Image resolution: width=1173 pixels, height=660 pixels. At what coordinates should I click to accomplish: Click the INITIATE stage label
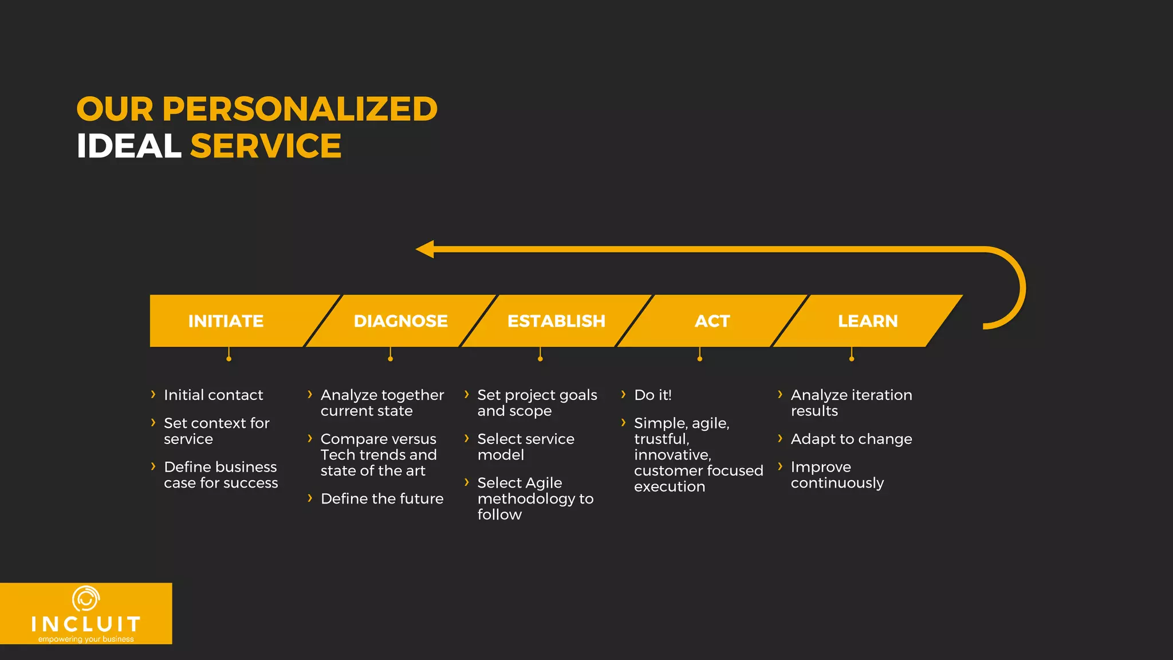(226, 321)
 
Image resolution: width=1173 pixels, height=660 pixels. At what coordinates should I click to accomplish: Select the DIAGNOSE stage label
(400, 321)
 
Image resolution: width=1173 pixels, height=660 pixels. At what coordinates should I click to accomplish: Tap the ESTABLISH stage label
(556, 321)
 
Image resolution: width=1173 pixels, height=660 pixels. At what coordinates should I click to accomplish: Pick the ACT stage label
(712, 321)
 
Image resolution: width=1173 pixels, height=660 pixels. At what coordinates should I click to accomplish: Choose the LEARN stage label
(868, 321)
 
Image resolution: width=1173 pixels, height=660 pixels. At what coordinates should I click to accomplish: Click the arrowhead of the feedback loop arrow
(426, 249)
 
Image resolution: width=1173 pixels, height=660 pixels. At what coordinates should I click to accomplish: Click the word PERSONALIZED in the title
(300, 109)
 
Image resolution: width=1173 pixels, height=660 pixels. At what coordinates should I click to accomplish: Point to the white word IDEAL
(129, 146)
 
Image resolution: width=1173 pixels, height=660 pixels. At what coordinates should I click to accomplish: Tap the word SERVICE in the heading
(266, 146)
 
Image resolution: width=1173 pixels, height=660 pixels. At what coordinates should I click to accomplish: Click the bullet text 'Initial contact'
(213, 395)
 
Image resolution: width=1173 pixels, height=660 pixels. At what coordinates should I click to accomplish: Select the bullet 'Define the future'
(381, 498)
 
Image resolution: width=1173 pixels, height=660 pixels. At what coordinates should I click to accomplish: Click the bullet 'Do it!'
(652, 395)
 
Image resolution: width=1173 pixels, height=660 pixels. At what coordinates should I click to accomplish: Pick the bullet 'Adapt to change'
(851, 439)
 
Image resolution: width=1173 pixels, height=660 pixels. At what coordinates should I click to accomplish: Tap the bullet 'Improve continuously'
(837, 475)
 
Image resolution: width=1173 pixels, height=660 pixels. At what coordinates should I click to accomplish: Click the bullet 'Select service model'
(525, 447)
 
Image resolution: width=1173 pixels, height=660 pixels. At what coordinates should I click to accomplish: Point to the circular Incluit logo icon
(86, 599)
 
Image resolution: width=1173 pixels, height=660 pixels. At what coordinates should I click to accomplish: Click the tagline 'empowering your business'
(86, 639)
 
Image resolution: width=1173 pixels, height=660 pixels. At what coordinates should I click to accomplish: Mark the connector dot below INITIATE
(229, 359)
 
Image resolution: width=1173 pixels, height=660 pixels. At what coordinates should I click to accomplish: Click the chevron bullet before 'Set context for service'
(153, 423)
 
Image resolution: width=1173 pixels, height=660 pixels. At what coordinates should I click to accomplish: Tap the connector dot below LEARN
(852, 359)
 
